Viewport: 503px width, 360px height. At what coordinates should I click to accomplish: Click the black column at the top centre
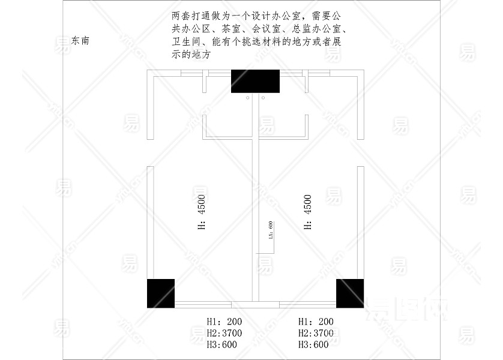coord(256,81)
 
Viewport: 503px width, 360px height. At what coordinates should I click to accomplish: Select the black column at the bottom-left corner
coord(161,293)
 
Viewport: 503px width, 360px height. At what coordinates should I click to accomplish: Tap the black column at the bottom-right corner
coord(350,293)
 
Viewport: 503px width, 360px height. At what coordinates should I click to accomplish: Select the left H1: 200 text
coord(224,322)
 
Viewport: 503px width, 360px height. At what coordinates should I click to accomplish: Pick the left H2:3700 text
coord(224,333)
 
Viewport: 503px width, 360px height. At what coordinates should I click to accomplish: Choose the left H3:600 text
coord(221,344)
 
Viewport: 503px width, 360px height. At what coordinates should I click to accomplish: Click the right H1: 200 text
coord(315,322)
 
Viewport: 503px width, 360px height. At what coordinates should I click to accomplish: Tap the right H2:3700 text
coord(315,333)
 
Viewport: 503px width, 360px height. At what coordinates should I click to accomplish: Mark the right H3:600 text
coord(313,344)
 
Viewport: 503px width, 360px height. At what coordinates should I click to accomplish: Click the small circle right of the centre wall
coord(263,97)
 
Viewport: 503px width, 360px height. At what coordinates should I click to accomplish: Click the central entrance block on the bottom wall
coord(255,304)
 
